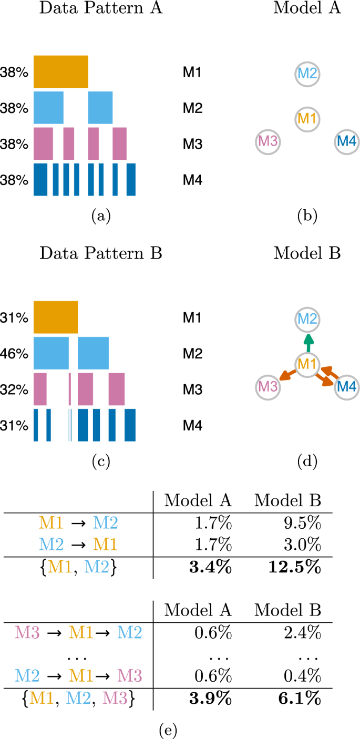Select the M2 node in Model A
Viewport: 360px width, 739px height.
[x=307, y=73]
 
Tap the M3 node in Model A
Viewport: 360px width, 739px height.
[x=267, y=141]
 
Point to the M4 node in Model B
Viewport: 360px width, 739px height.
[x=347, y=387]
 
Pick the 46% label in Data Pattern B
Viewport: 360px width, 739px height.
[x=14, y=353]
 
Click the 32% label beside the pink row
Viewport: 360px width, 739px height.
[x=14, y=389]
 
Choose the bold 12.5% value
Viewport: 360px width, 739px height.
[x=299, y=568]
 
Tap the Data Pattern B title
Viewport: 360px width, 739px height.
[x=100, y=254]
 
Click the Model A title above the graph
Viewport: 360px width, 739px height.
[x=307, y=9]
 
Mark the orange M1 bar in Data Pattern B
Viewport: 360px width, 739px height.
[x=56, y=317]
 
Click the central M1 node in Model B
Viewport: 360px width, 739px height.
[x=307, y=364]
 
